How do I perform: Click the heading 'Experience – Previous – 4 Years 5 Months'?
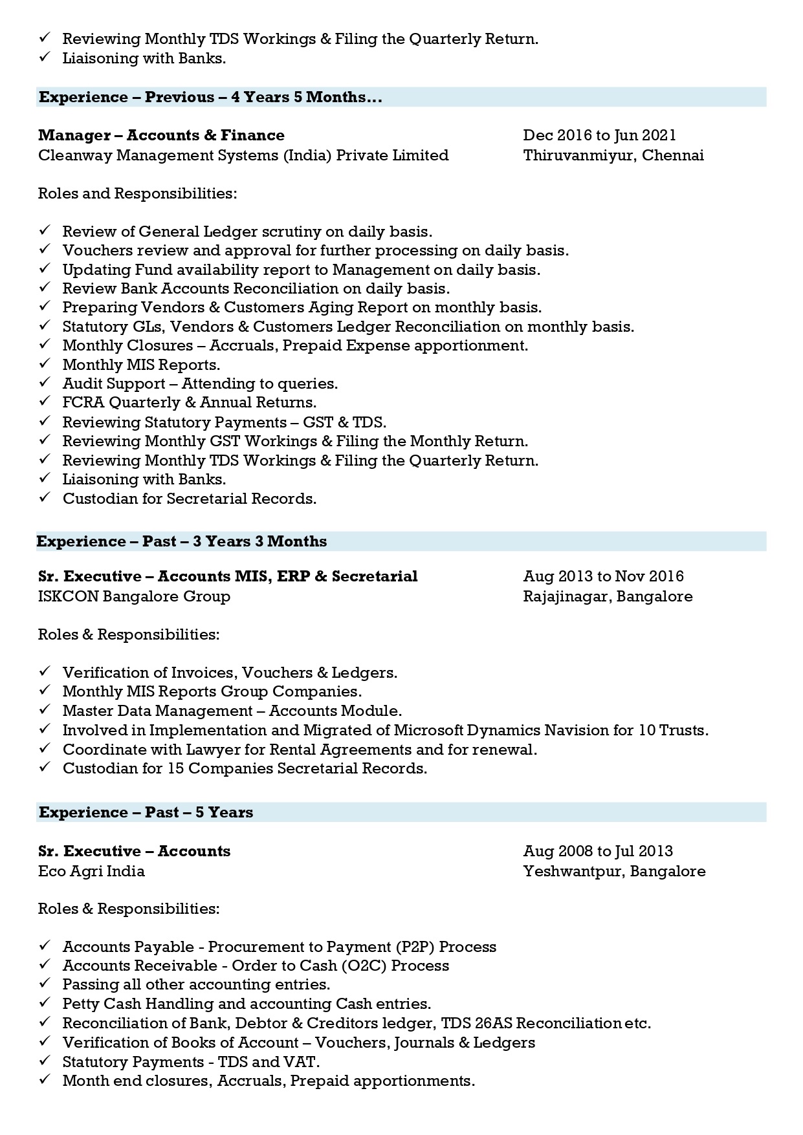(x=210, y=97)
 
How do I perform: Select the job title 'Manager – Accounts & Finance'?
(x=161, y=135)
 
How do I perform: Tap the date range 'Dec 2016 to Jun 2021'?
(x=599, y=135)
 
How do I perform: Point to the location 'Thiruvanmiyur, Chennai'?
(x=613, y=155)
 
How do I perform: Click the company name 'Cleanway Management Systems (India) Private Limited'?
(x=243, y=155)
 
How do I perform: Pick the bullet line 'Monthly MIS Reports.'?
(x=141, y=365)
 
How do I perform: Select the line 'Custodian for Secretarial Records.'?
(x=189, y=499)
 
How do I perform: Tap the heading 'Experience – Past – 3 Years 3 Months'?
(x=182, y=541)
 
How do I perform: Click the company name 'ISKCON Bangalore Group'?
(x=134, y=596)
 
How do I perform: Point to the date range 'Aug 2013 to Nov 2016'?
(x=603, y=576)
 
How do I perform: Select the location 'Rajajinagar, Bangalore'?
(x=608, y=596)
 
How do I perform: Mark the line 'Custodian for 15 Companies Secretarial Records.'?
(x=245, y=768)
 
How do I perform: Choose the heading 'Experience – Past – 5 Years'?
(x=146, y=812)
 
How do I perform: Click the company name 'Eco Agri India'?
(x=91, y=871)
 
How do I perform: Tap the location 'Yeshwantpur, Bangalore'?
(x=614, y=871)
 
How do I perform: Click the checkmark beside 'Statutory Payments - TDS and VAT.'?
(x=45, y=1061)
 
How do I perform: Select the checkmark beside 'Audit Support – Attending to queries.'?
(x=45, y=383)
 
